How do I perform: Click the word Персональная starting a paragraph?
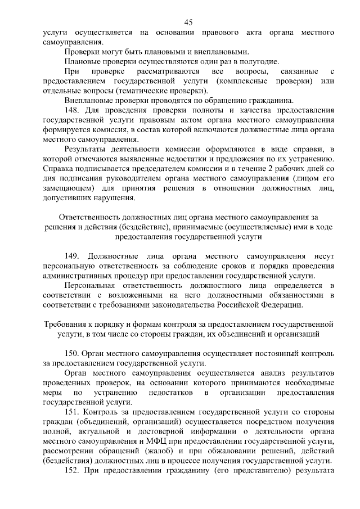coord(91,285)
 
